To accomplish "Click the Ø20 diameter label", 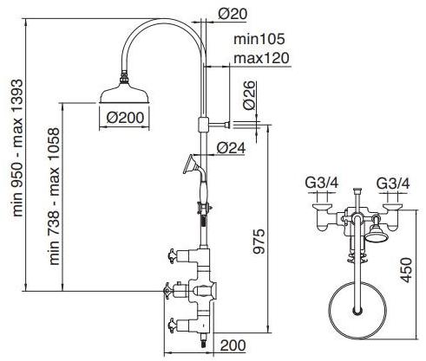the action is tap(233, 14).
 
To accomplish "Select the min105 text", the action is tap(259, 39).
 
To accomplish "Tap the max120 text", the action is tap(261, 58).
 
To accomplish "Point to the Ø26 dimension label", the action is tap(250, 95).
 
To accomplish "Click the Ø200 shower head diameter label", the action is tap(125, 118).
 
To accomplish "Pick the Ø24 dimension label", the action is tap(231, 148).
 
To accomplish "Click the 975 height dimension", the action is tap(259, 242).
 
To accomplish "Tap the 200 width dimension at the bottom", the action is tap(233, 345).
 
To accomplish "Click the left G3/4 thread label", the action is tap(322, 183).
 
